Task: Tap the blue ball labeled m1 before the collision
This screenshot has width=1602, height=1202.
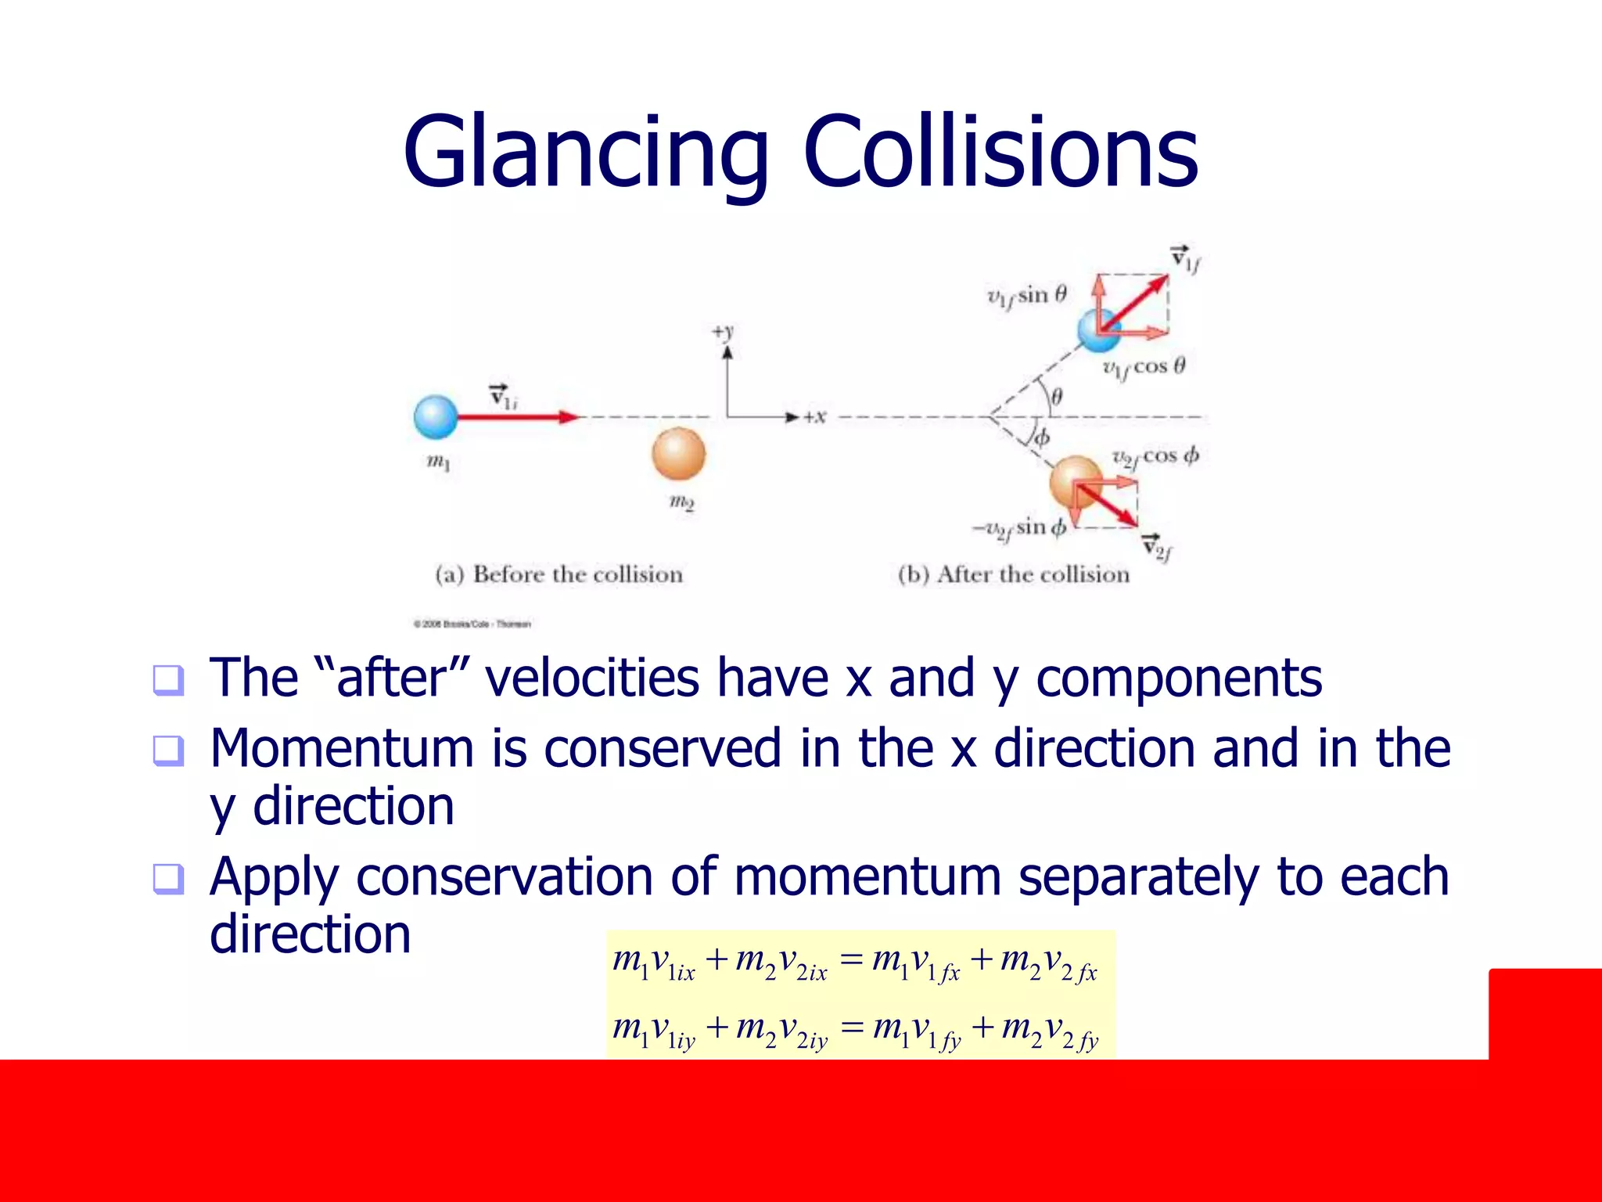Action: click(x=436, y=417)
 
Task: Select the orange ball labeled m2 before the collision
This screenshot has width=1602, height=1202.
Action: click(x=678, y=454)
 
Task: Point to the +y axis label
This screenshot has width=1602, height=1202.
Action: click(x=724, y=332)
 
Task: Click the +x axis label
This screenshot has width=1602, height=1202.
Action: click(x=814, y=417)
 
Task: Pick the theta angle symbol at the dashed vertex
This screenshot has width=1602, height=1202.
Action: click(x=1057, y=397)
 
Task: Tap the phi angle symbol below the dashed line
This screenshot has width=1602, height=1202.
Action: click(x=1042, y=437)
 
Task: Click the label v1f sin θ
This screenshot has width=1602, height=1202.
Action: click(x=1026, y=296)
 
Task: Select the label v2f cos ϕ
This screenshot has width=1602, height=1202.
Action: click(x=1155, y=457)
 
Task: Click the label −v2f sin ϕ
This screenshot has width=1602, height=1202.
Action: click(x=1019, y=528)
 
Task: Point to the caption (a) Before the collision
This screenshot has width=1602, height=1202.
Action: click(x=559, y=574)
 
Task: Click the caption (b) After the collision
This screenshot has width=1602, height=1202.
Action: click(x=1014, y=574)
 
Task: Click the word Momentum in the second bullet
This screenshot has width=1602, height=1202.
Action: click(x=342, y=748)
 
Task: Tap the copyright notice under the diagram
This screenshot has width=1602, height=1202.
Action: click(x=472, y=624)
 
